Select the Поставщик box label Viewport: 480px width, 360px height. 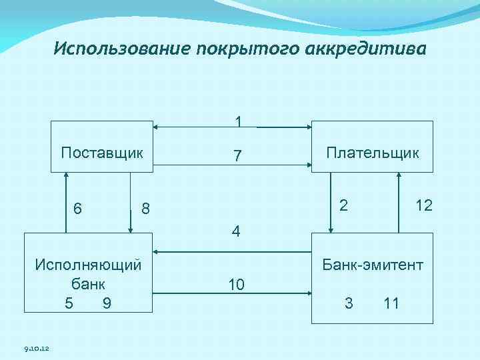pyautogui.click(x=102, y=152)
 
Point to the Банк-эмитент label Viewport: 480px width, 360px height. pyautogui.click(x=372, y=265)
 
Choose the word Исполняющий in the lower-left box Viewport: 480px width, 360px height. pyautogui.click(x=88, y=264)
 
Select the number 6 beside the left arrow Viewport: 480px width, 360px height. pyautogui.click(x=78, y=209)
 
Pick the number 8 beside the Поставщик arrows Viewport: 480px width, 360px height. pyautogui.click(x=145, y=209)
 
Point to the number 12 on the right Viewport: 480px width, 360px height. pyautogui.click(x=423, y=205)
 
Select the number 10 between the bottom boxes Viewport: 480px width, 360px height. pyautogui.click(x=236, y=285)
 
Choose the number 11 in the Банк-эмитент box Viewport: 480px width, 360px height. pyautogui.click(x=391, y=303)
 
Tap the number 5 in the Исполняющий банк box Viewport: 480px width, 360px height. pyautogui.click(x=69, y=303)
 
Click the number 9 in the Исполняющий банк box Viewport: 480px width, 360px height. pyautogui.click(x=107, y=303)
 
